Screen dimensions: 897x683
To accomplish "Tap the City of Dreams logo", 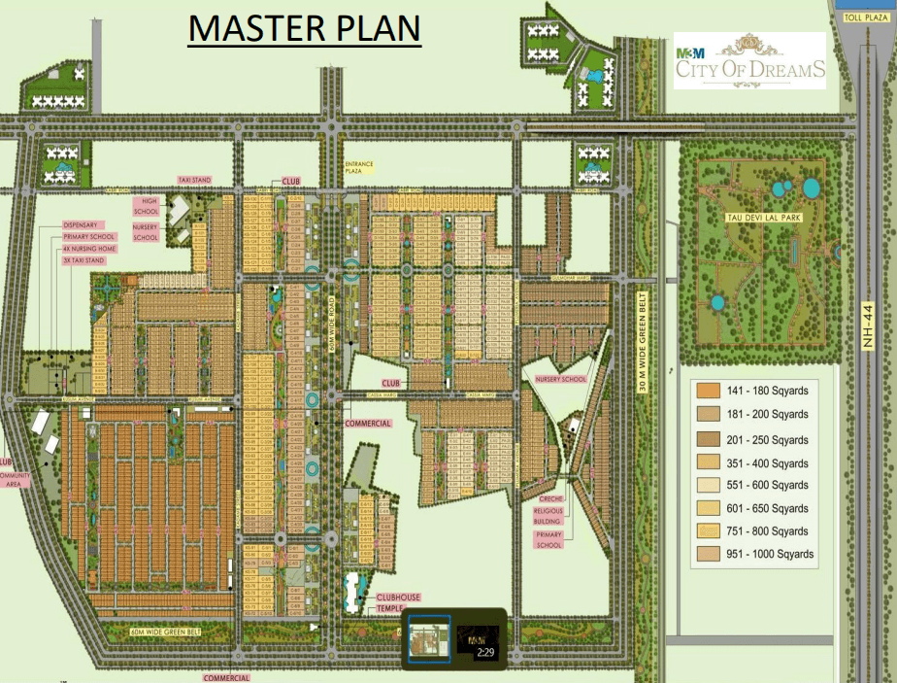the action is coord(749,61).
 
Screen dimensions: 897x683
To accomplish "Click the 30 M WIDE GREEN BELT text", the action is coord(642,346).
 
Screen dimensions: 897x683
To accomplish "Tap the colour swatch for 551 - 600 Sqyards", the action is coord(706,485).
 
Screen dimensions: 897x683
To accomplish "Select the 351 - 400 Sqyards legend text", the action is coord(766,462).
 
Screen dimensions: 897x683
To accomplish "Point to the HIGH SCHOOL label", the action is coord(146,204).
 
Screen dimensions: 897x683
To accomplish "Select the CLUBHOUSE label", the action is coord(398,598).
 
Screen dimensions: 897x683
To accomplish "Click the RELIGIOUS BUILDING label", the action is coord(548,516).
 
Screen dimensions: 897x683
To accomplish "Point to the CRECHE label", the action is coord(548,498).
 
